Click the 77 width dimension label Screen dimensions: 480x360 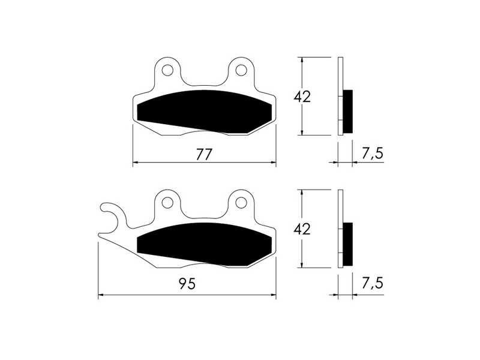click(x=204, y=155)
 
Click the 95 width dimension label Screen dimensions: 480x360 click(x=187, y=284)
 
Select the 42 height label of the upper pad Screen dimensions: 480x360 click(x=302, y=97)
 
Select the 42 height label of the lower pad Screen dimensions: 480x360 click(x=302, y=229)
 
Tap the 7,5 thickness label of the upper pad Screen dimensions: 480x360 click(x=372, y=154)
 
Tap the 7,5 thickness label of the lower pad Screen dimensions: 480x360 click(x=372, y=283)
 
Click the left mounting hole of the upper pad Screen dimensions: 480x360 click(x=167, y=70)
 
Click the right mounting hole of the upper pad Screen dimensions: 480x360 click(x=241, y=70)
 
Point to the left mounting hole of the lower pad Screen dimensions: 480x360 click(x=167, y=202)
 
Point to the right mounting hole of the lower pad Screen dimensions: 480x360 click(x=241, y=202)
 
